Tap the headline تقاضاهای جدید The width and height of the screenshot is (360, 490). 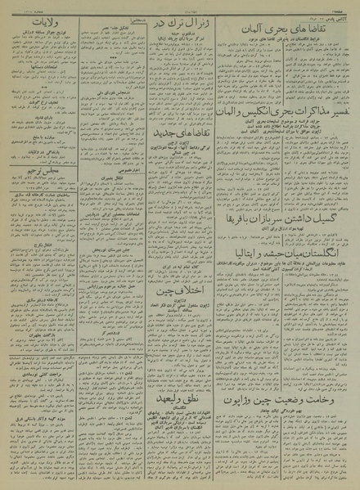(x=182, y=156)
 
